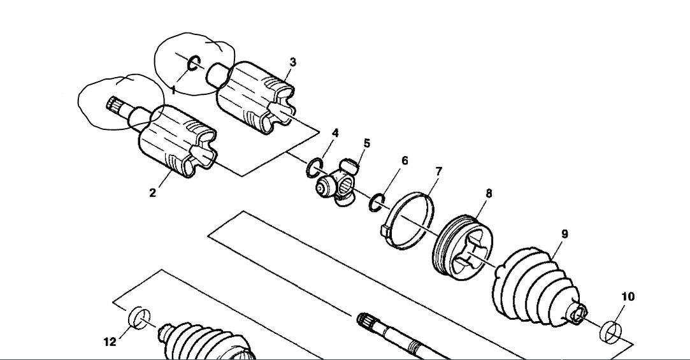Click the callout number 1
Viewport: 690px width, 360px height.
(173, 90)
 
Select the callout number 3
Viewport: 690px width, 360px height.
(292, 62)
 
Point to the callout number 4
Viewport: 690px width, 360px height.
(334, 133)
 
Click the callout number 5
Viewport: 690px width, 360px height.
(366, 143)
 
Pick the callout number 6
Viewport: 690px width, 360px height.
(405, 161)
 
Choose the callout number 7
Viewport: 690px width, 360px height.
(438, 172)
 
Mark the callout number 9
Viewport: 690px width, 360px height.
(564, 234)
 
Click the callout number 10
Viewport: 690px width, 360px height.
(628, 296)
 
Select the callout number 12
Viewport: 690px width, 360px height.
(110, 342)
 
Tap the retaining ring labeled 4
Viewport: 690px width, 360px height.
(313, 169)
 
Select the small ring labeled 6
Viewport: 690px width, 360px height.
(377, 202)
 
